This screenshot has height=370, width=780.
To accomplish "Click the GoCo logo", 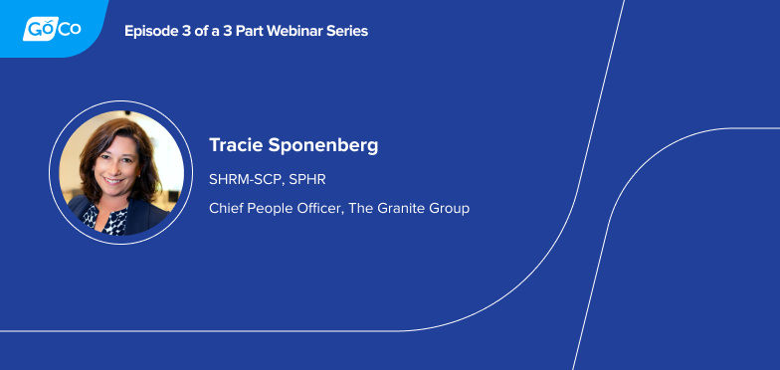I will click(x=52, y=30).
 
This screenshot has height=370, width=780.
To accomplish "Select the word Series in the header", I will click(x=345, y=31).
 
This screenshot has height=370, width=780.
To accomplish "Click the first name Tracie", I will click(x=234, y=145).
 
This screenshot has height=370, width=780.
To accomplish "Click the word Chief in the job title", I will click(x=226, y=208).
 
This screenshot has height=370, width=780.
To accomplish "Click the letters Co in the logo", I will click(x=69, y=30).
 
